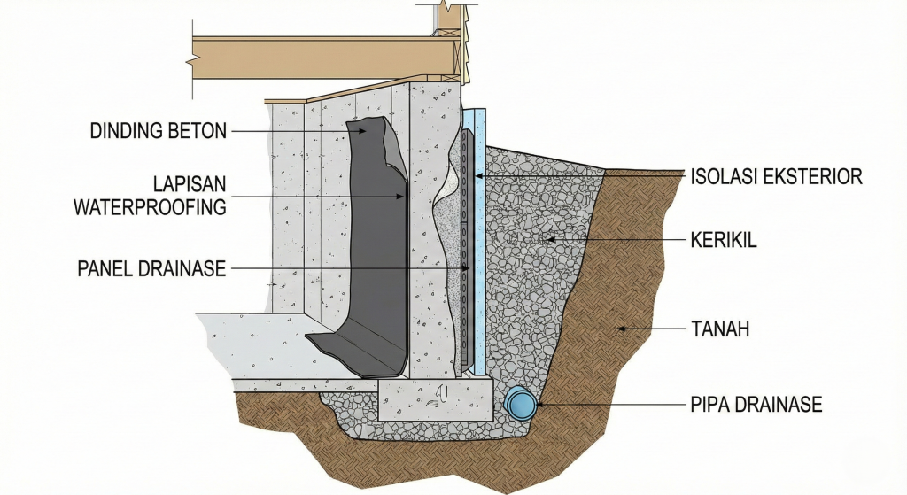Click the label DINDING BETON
159,132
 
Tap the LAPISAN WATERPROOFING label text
150,196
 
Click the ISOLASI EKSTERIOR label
776,177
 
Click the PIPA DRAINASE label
756,406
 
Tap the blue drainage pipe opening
521,406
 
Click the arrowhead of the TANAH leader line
620,329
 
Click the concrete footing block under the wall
434,400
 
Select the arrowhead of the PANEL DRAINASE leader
466,268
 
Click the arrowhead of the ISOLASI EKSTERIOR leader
475,177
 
